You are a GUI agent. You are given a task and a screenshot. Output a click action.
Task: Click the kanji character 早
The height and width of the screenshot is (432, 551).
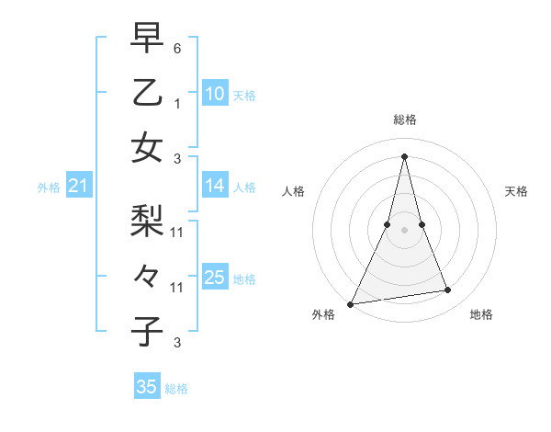coord(147,38)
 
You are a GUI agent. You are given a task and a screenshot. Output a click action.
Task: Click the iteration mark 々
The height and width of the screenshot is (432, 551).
coord(147,275)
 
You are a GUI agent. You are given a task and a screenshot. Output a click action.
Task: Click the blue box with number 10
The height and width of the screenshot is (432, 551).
coord(214,94)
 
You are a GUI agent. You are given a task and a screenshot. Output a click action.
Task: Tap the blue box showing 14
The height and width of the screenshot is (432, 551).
coord(214,187)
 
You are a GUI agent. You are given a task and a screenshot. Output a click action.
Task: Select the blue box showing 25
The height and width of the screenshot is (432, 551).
coord(214,278)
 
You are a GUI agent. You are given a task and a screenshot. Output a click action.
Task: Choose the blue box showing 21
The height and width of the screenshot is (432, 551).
coord(78,187)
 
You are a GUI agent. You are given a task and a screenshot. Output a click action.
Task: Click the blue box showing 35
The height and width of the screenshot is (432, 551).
coord(147,387)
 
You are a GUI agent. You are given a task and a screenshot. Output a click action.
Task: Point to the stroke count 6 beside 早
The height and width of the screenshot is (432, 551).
coord(177,48)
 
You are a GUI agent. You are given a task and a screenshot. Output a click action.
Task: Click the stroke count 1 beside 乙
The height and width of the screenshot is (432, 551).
coord(177,104)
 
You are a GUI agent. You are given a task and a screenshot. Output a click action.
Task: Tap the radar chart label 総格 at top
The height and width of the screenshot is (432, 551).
coord(405,119)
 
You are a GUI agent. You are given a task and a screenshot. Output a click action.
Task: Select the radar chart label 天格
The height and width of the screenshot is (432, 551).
coord(517,191)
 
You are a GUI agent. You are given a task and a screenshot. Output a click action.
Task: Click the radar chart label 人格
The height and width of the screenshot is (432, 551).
coord(293,191)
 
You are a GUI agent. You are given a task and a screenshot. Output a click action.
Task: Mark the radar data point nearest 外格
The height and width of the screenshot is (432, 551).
coord(351,303)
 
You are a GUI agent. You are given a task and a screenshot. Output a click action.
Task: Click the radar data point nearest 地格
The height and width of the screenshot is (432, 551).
coord(448,290)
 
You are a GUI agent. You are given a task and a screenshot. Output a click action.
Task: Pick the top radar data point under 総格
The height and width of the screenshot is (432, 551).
coord(405,156)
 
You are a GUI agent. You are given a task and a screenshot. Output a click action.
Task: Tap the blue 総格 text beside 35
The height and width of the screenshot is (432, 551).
coord(176,389)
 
